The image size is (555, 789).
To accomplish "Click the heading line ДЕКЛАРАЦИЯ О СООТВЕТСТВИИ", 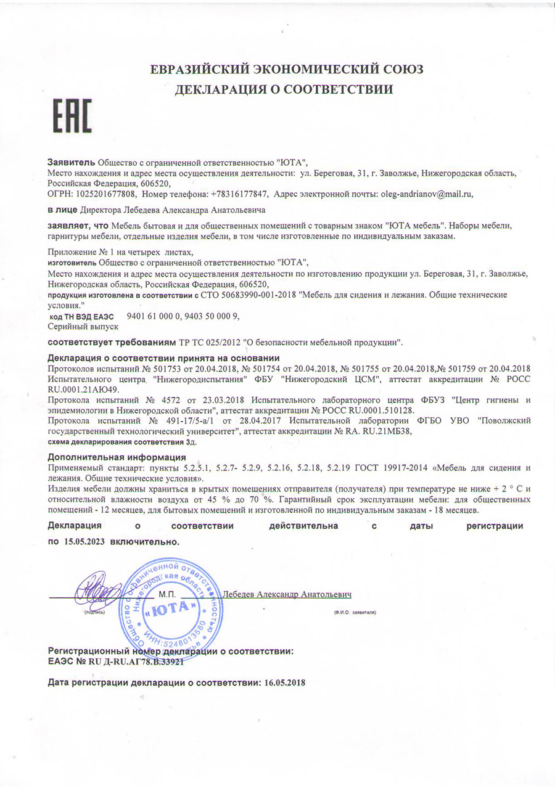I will pyautogui.click(x=284, y=90).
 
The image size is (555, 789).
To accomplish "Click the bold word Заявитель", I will pyautogui.click(x=72, y=162).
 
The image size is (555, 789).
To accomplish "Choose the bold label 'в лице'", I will pyautogui.click(x=61, y=210).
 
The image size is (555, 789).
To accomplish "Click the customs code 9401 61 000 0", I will pyautogui.click(x=153, y=316).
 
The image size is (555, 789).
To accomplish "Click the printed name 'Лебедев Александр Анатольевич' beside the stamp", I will pyautogui.click(x=287, y=594).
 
